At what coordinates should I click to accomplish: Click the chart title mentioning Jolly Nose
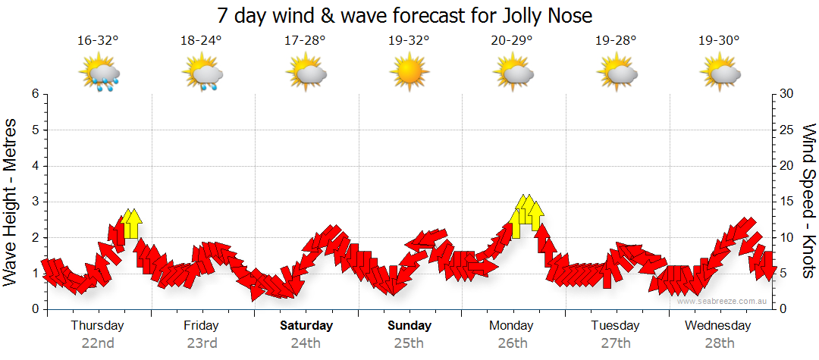pyautogui.click(x=404, y=15)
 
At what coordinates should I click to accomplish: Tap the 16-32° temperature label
pyautogui.click(x=98, y=42)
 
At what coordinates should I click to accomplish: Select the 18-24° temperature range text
pyautogui.click(x=201, y=42)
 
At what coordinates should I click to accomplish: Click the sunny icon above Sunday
pyautogui.click(x=409, y=73)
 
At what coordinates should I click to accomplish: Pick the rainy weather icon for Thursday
pyautogui.click(x=99, y=74)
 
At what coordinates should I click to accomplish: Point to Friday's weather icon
pyautogui.click(x=202, y=74)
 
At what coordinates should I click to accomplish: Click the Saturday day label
pyautogui.click(x=306, y=326)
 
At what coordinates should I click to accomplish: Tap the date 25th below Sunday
pyautogui.click(x=409, y=343)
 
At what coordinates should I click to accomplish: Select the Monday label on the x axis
pyautogui.click(x=512, y=326)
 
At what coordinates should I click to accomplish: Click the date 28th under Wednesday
pyautogui.click(x=718, y=343)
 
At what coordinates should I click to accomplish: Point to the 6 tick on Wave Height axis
pyautogui.click(x=35, y=94)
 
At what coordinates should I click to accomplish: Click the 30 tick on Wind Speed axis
pyautogui.click(x=787, y=94)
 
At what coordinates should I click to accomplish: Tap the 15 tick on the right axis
pyautogui.click(x=787, y=202)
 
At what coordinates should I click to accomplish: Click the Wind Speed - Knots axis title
pyautogui.click(x=808, y=202)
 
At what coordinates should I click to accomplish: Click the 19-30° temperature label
pyautogui.click(x=718, y=42)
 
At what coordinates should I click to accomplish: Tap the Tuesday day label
pyautogui.click(x=615, y=326)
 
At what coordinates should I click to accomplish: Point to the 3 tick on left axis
pyautogui.click(x=35, y=202)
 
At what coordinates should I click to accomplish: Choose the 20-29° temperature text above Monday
pyautogui.click(x=511, y=42)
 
